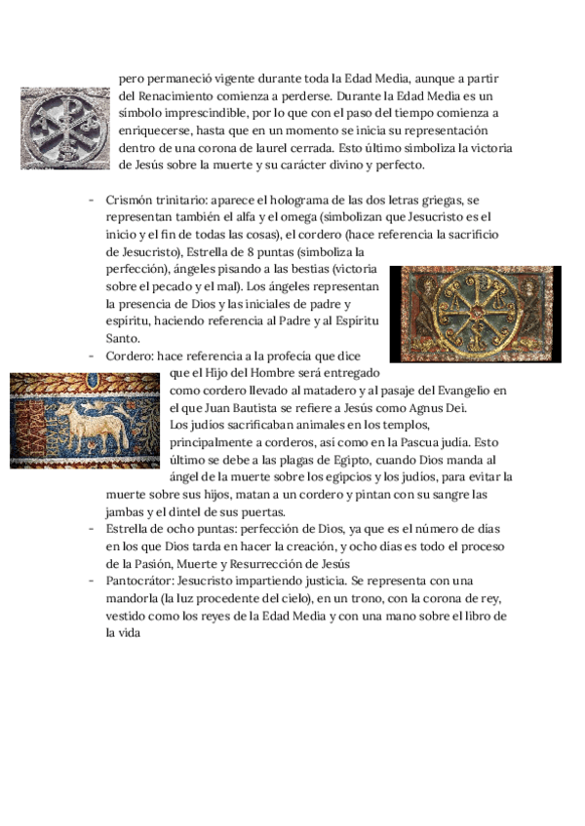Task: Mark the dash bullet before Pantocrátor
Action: point(92,581)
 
